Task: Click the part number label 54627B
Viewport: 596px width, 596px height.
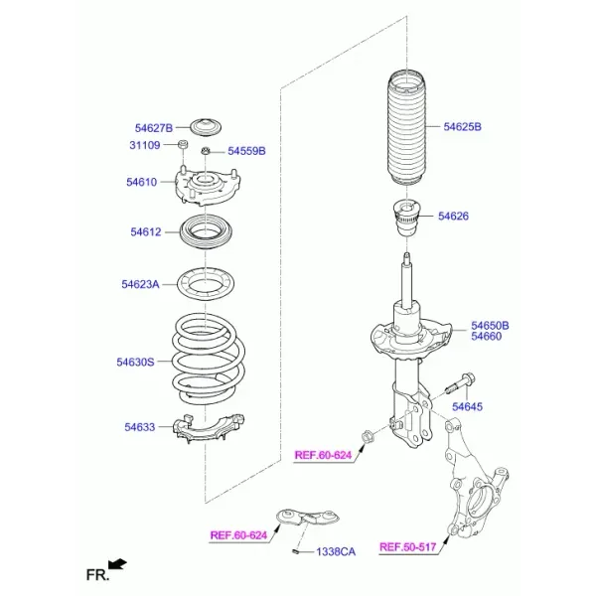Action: [x=154, y=128]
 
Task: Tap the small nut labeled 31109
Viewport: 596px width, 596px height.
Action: [x=183, y=144]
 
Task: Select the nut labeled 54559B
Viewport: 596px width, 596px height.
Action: [x=206, y=151]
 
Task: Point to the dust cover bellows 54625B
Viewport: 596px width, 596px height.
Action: [x=406, y=128]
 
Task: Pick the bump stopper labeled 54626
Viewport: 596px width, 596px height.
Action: [x=406, y=218]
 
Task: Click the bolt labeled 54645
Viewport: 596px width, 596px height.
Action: [x=459, y=383]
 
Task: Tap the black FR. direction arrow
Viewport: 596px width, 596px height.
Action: [x=117, y=564]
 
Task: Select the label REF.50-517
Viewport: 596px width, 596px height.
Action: [x=408, y=547]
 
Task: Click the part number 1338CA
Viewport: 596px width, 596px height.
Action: [x=336, y=552]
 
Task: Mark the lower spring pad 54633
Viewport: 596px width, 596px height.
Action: [x=209, y=429]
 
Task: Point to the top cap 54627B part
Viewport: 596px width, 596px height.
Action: [x=206, y=128]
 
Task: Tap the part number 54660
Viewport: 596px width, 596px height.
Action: [x=486, y=337]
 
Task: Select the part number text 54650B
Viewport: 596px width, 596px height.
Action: [x=490, y=326]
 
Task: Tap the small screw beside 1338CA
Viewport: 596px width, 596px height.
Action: [x=296, y=550]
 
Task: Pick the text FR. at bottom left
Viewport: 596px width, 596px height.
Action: [x=97, y=575]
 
